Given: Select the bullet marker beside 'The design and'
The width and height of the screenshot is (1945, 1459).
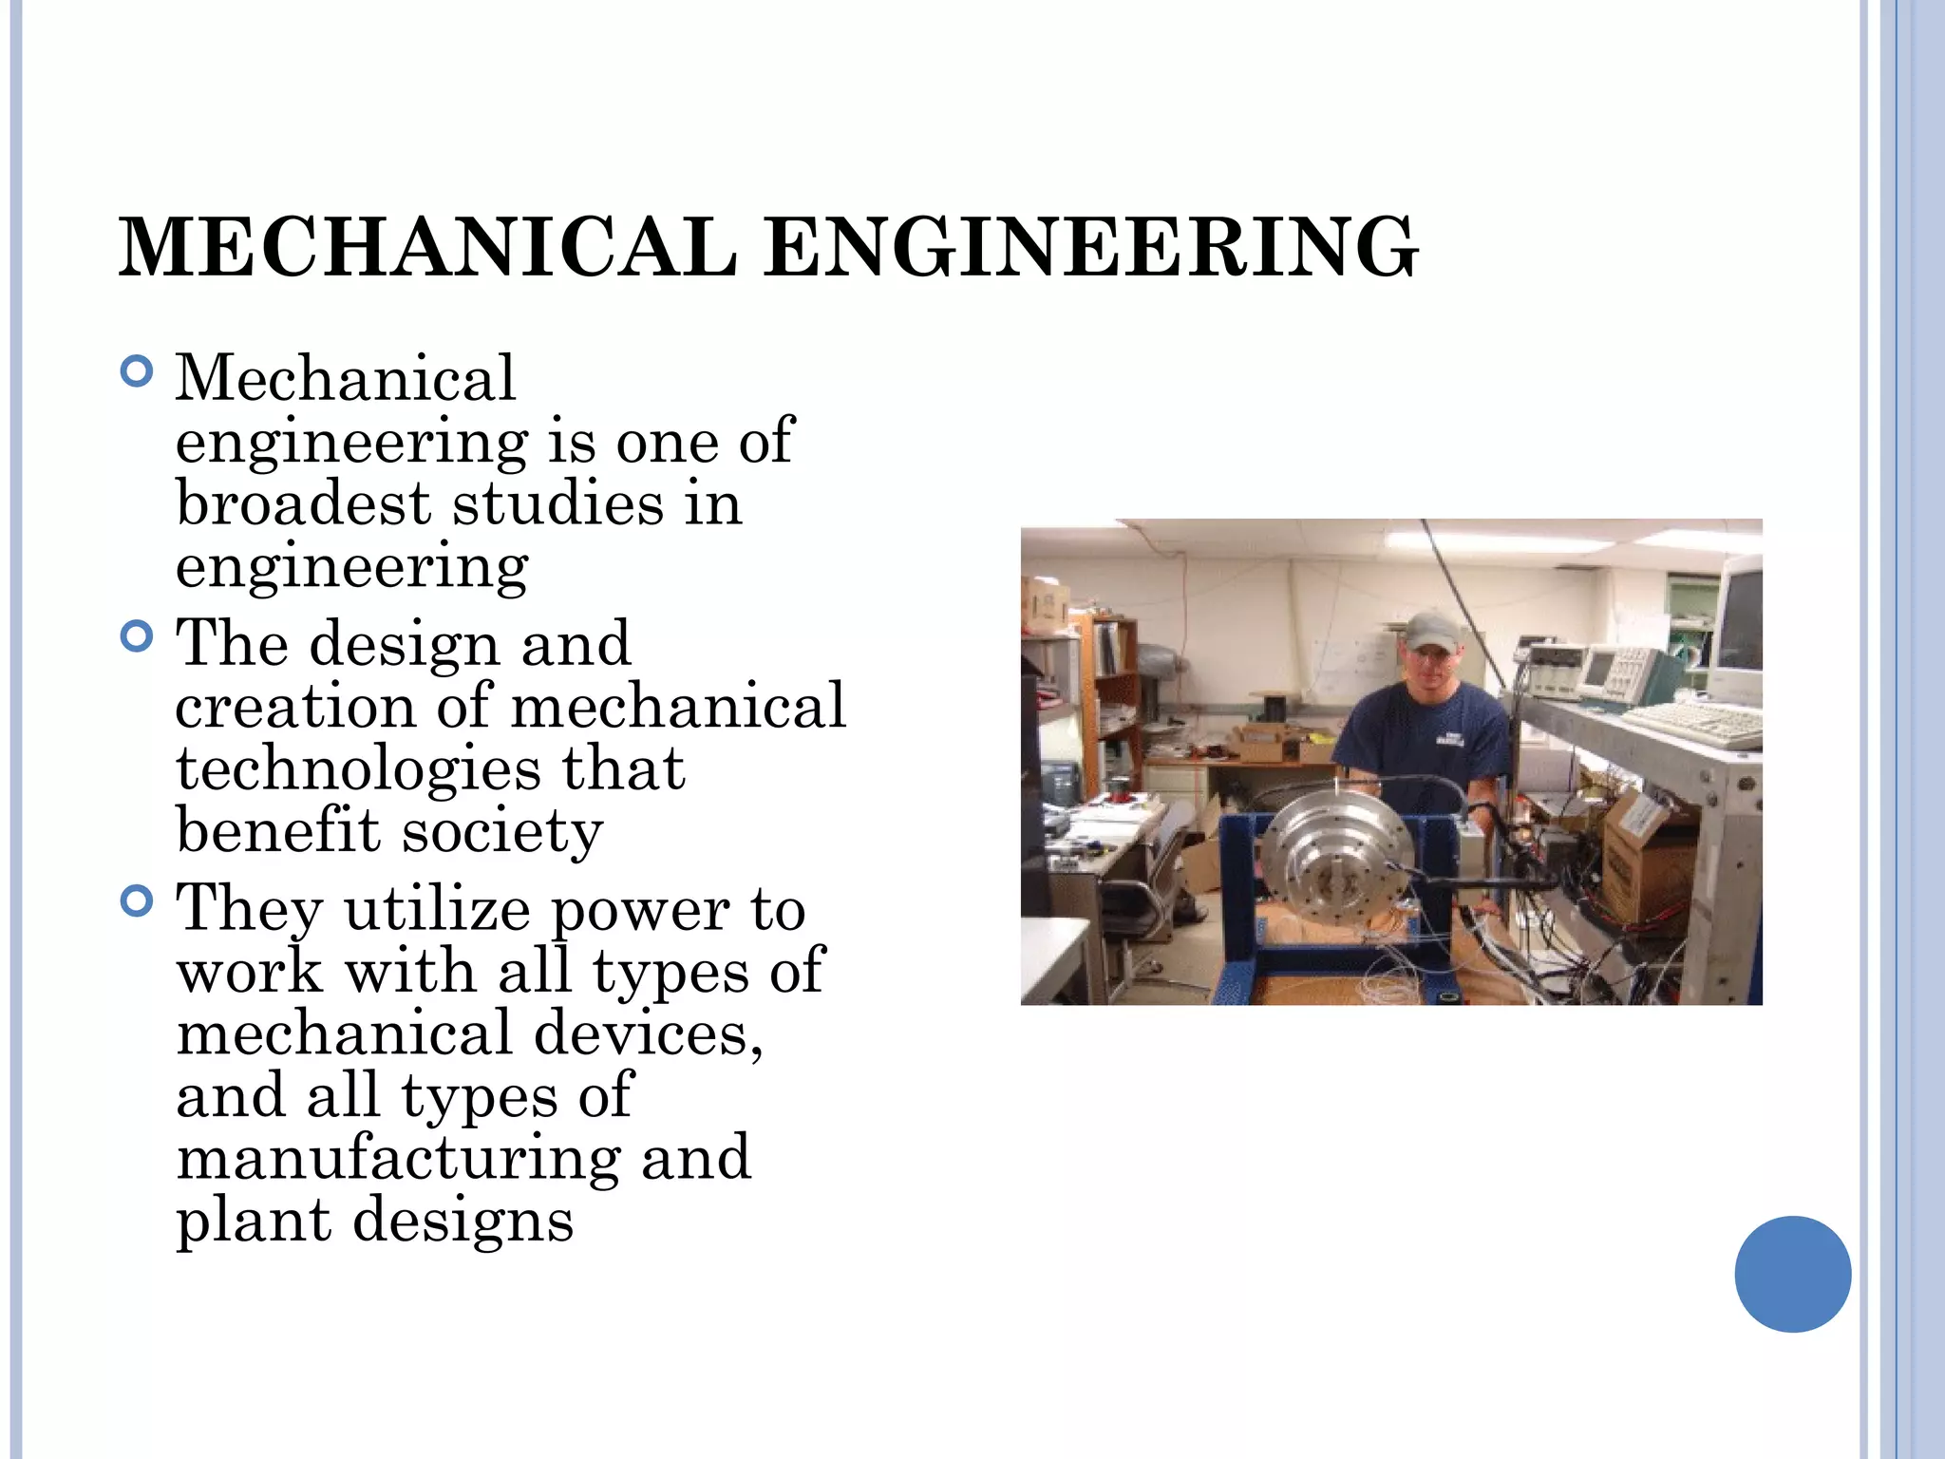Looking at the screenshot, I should pos(138,635).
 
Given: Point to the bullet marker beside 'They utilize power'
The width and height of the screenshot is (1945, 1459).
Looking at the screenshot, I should pos(138,900).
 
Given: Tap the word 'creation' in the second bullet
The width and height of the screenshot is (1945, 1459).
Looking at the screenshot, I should pos(295,707).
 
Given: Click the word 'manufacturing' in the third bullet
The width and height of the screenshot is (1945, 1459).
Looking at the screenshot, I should pos(399,1158).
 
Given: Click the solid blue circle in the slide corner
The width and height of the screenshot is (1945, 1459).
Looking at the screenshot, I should pos(1792,1274).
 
